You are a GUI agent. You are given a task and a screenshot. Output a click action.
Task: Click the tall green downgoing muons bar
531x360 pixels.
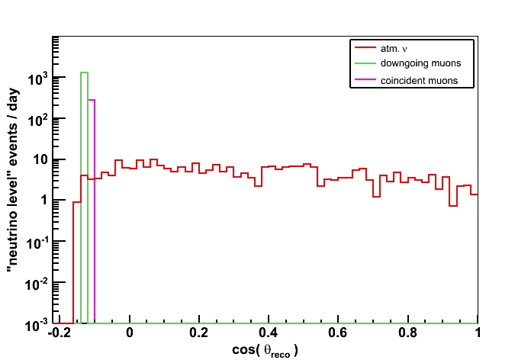click(84, 198)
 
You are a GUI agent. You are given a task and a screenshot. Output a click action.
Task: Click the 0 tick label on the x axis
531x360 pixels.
click(130, 334)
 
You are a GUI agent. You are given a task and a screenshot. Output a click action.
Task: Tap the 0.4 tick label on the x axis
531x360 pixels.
click(269, 334)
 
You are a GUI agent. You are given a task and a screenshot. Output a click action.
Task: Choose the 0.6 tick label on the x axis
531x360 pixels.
click(338, 334)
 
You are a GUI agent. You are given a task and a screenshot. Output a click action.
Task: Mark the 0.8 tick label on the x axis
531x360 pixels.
click(407, 334)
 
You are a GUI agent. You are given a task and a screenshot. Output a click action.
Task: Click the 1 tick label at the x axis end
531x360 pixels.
click(478, 334)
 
